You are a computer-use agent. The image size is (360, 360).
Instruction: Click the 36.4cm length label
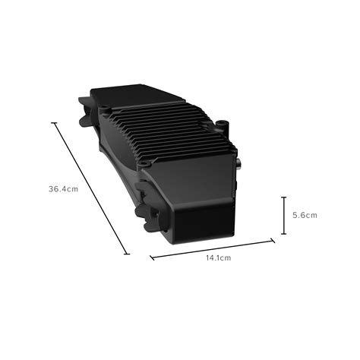tap(63, 188)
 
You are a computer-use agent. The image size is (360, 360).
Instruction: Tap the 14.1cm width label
tap(217, 258)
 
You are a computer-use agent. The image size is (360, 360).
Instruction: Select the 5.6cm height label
tap(305, 215)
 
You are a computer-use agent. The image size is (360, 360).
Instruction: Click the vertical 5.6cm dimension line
tap(283, 215)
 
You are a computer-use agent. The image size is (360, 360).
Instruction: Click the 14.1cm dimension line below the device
tap(213, 249)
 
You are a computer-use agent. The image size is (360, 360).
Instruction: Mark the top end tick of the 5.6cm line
tap(283, 197)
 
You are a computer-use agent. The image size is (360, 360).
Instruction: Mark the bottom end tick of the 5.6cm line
tap(283, 233)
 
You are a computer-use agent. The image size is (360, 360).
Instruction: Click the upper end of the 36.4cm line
tap(54, 122)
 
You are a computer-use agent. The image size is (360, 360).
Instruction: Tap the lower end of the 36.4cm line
tap(126, 254)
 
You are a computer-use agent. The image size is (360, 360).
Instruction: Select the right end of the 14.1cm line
tap(273, 241)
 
